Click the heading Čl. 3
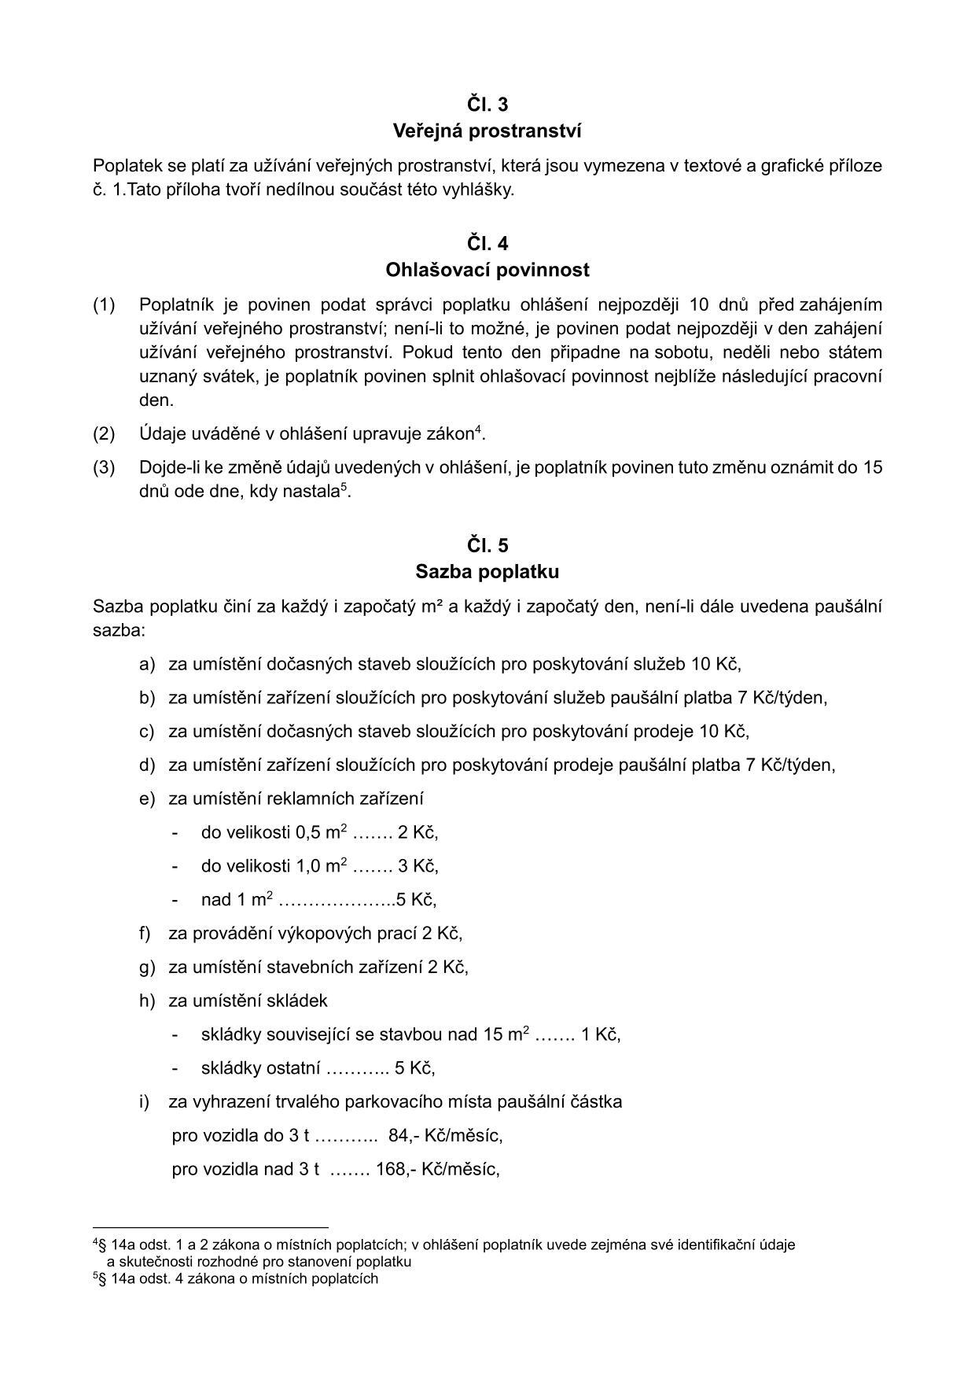pos(487,105)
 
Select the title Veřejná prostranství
pos(487,131)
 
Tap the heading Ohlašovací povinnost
pos(487,270)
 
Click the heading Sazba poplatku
pos(487,571)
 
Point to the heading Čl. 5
pos(487,545)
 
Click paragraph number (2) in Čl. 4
pos(104,433)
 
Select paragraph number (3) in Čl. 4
pos(104,467)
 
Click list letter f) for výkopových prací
pos(145,933)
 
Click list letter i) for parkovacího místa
pos(144,1101)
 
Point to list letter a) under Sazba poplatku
pos(147,664)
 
